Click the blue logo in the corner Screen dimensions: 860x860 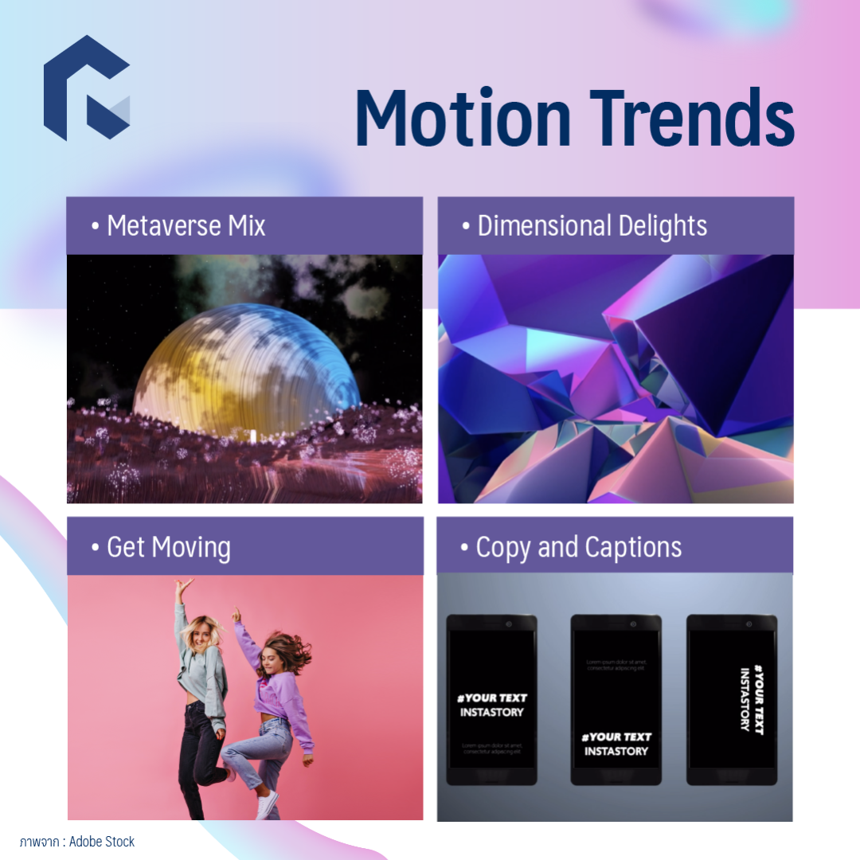tap(86, 88)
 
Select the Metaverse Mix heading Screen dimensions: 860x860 tap(186, 226)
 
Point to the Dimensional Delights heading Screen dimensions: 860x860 tap(592, 226)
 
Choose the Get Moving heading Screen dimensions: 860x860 tap(168, 547)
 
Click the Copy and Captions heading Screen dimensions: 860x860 tap(578, 547)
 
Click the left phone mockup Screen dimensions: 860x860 tap(491, 699)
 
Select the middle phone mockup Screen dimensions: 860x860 tap(616, 699)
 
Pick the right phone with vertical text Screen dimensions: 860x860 tap(732, 699)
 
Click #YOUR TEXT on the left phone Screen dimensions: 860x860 tap(491, 698)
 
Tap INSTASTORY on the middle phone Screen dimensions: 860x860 tap(616, 751)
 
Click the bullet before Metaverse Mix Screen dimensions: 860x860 tap(96, 227)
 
